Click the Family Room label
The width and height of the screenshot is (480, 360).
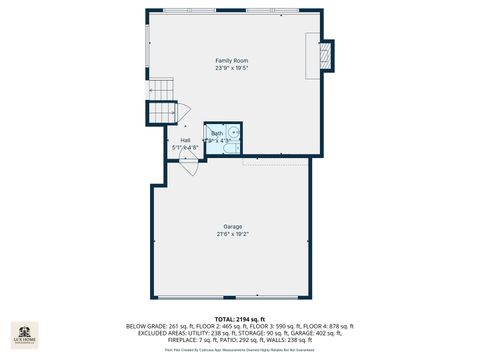click(232, 60)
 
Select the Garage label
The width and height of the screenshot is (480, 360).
click(232, 226)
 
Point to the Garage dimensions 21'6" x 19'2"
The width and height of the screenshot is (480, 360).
click(232, 234)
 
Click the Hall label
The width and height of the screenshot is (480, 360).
click(185, 140)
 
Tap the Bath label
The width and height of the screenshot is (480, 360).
click(217, 133)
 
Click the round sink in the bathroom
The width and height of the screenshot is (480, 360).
click(232, 133)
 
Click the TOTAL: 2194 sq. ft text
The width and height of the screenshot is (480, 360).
click(239, 317)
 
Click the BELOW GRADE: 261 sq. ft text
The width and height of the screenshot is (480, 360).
click(158, 325)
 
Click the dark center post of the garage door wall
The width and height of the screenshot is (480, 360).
click(232, 298)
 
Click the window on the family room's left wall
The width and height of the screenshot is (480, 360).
click(149, 45)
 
